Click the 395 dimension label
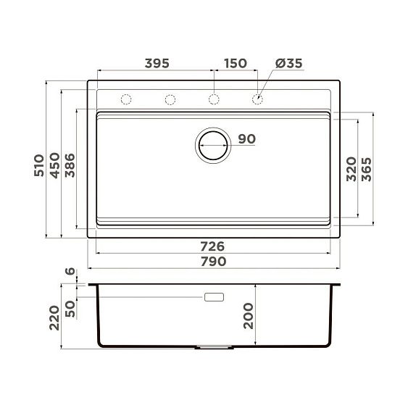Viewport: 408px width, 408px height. point(156,63)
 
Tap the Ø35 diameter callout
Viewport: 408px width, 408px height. point(288,63)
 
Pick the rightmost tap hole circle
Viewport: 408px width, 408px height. point(257,99)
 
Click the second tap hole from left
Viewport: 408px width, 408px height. point(170,99)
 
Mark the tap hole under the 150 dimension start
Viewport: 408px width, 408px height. point(214,99)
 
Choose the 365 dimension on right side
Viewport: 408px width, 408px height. point(367,168)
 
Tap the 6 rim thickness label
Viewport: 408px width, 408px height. point(70,272)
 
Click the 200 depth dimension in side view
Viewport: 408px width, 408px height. point(249,317)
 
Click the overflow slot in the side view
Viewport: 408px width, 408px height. point(215,297)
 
